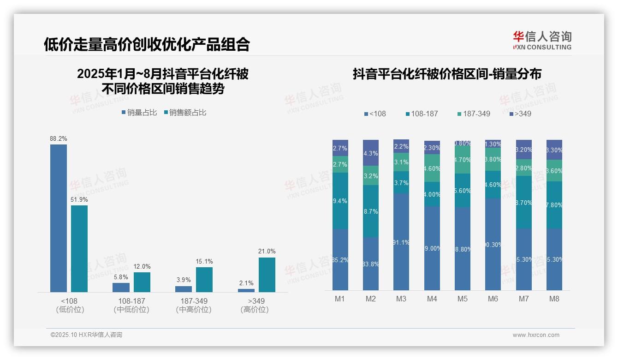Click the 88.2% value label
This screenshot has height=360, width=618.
[x=59, y=138]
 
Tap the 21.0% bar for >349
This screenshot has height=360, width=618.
[x=267, y=275]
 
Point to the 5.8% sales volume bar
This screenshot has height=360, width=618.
[x=121, y=287]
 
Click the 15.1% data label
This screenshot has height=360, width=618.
[x=204, y=262]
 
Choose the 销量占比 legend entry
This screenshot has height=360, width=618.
[x=139, y=113]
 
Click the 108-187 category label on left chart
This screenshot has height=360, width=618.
[x=131, y=301]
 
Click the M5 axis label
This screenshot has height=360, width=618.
[x=462, y=299]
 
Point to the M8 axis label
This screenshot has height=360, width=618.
[x=554, y=299]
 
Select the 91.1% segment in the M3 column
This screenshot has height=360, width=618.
[x=401, y=241]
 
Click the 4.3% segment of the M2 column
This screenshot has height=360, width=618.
[x=371, y=153]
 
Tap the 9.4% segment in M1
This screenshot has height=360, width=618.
[x=340, y=201]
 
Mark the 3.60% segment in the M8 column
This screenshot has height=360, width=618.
[x=554, y=170]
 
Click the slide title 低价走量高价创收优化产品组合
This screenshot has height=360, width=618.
[x=147, y=44]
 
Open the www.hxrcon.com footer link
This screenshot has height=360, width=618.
[x=536, y=335]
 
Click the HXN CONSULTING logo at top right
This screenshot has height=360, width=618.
[x=542, y=41]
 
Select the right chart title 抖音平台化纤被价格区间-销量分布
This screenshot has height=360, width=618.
[x=447, y=74]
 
